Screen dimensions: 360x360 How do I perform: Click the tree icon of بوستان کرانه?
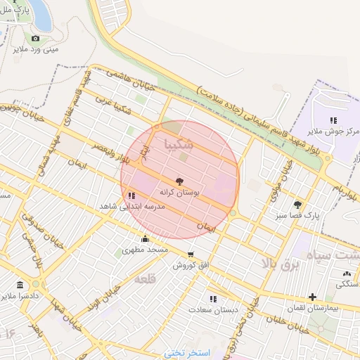point(179,181)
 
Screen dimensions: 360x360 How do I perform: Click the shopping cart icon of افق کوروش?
point(190,255)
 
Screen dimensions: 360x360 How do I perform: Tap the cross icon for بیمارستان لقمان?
point(312,297)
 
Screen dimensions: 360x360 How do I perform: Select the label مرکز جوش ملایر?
point(334,131)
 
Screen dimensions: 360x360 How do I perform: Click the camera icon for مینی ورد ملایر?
point(35,38)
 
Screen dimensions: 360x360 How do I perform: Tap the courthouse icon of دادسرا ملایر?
point(19,285)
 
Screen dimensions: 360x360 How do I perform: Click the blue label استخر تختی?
point(187,351)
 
